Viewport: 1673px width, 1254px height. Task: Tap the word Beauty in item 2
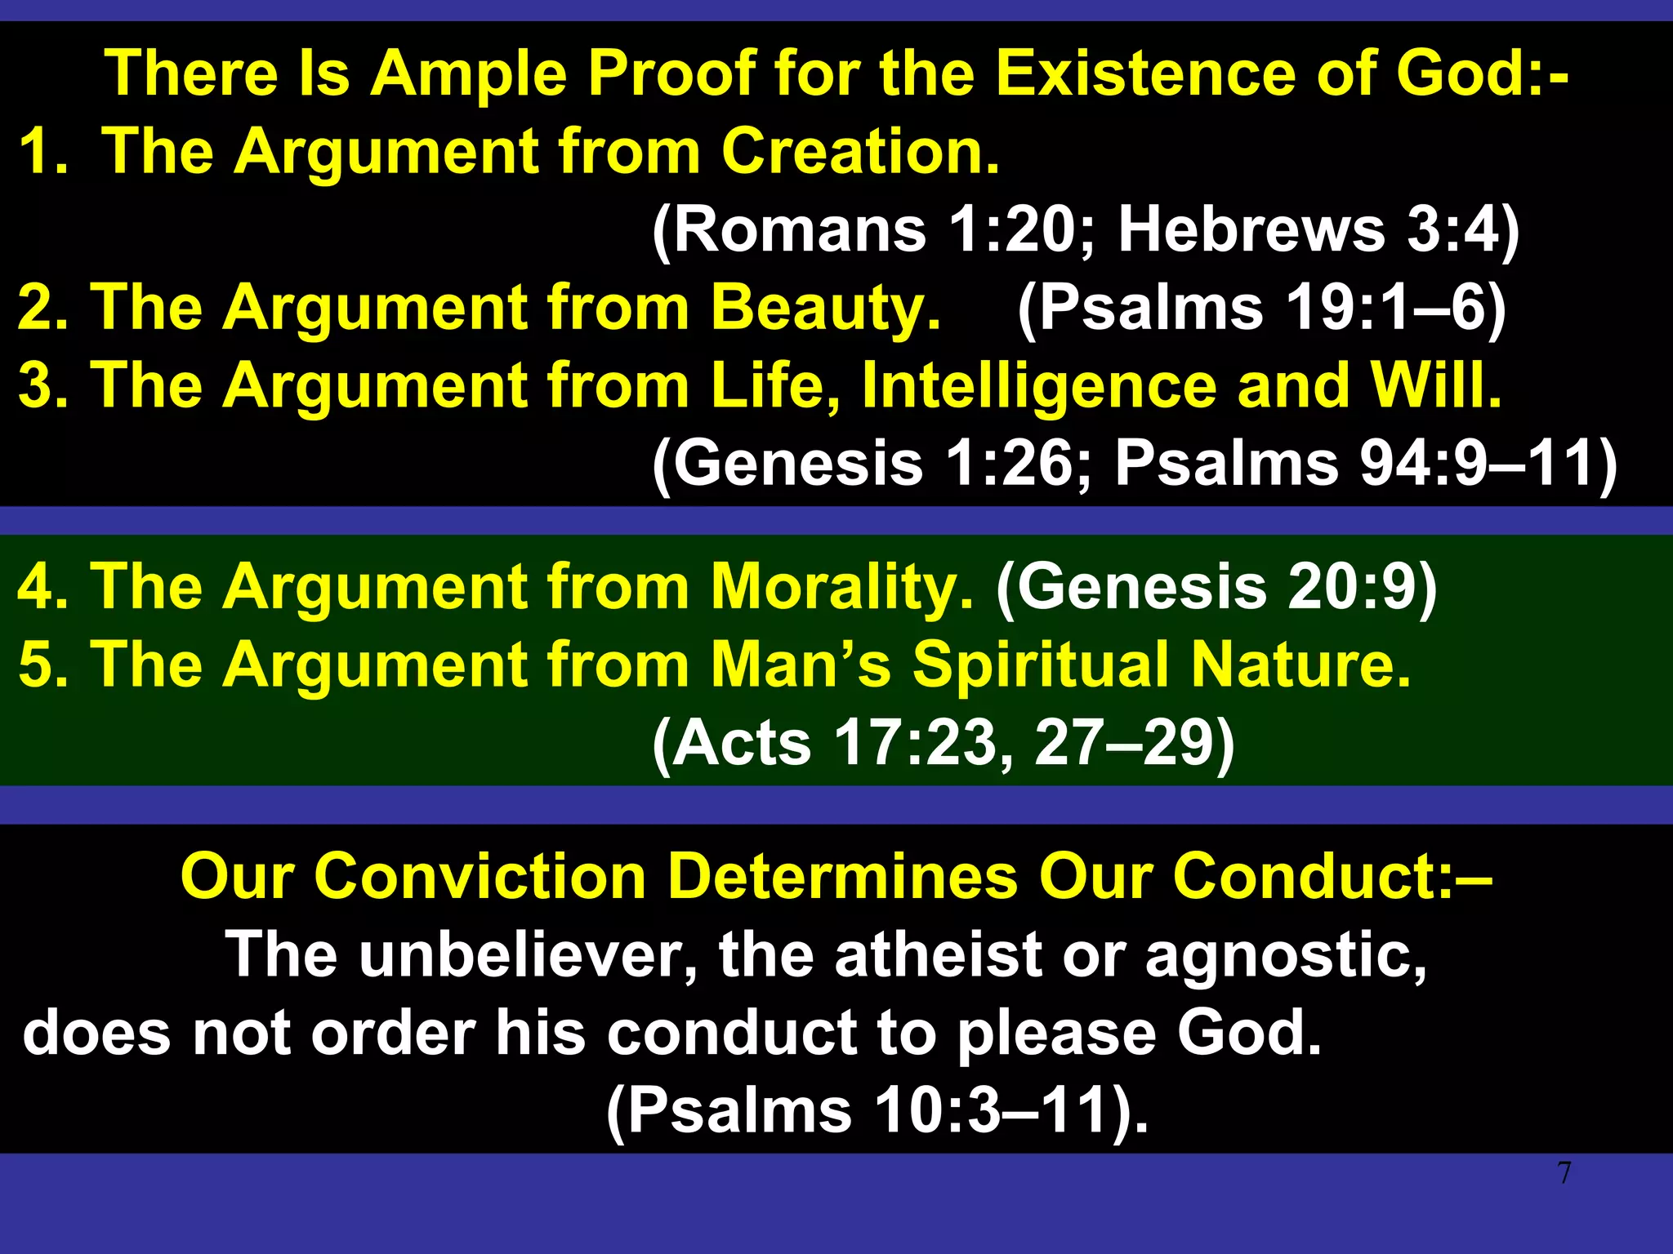tap(825, 308)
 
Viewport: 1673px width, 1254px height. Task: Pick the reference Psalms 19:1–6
tap(1262, 308)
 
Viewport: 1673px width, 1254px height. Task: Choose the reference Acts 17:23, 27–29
tap(943, 742)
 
